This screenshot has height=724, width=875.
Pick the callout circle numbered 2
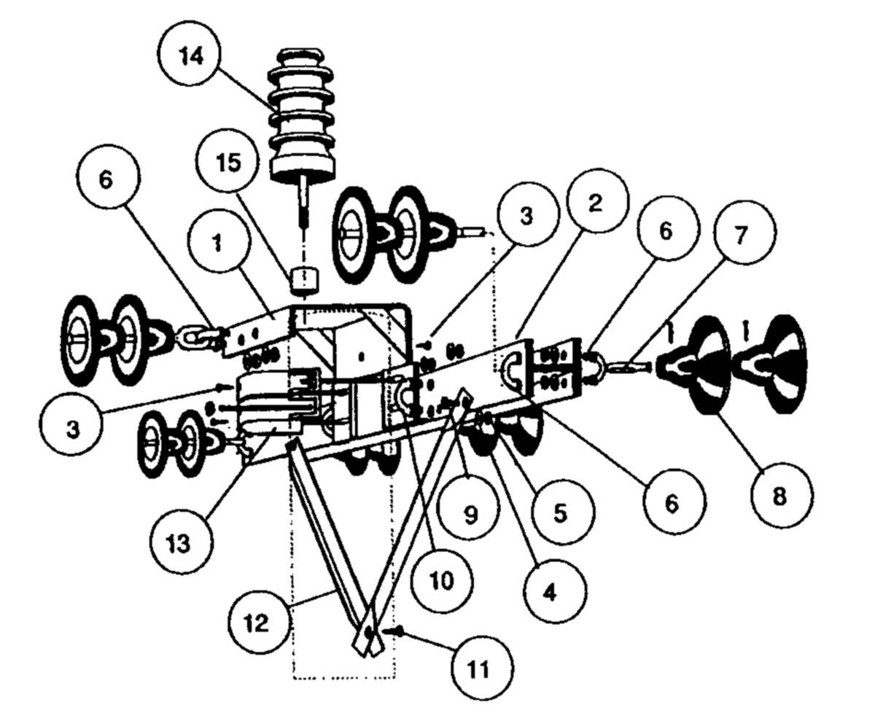[x=595, y=203]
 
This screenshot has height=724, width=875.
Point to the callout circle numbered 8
[x=779, y=497]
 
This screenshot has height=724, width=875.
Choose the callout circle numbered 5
[x=559, y=512]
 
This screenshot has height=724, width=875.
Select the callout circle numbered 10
[x=441, y=581]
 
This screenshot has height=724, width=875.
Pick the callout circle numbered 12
[x=257, y=622]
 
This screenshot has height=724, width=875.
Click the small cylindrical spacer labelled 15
[x=304, y=279]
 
